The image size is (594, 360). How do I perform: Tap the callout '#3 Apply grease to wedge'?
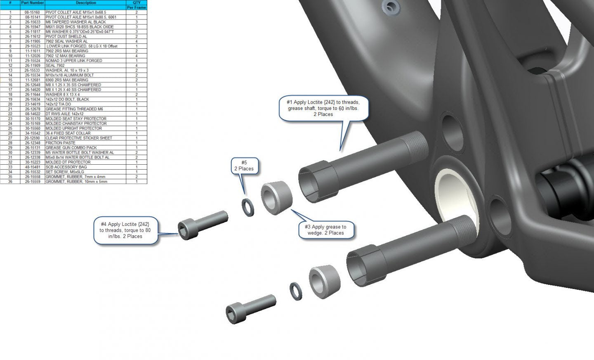(x=325, y=230)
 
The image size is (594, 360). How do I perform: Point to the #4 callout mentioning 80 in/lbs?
(x=125, y=230)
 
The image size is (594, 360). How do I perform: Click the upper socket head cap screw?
(x=203, y=224)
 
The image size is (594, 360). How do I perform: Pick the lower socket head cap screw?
(x=250, y=308)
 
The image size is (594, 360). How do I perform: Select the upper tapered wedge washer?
(x=276, y=195)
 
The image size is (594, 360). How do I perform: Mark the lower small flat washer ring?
(x=296, y=291)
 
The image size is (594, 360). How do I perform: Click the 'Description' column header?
(x=86, y=3)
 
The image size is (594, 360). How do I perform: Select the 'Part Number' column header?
(x=33, y=3)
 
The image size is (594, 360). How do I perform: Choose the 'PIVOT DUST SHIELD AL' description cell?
(x=66, y=36)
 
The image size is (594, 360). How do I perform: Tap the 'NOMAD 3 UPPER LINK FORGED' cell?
(x=74, y=61)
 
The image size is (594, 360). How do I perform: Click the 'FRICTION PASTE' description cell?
(x=61, y=143)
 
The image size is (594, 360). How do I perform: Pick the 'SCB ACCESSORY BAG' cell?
(x=66, y=167)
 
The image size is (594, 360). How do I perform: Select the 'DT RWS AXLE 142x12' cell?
(x=64, y=114)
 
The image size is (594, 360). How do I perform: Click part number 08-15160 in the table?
(x=33, y=12)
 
